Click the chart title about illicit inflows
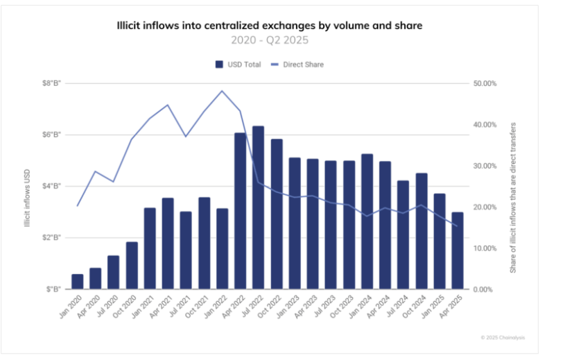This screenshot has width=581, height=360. coord(268,26)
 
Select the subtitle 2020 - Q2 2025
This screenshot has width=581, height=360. coord(268,40)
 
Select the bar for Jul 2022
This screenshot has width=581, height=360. coord(259,207)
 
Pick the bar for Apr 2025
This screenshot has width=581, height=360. coord(458,250)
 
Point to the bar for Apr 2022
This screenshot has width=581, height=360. coord(241,211)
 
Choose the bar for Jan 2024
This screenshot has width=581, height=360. coord(367,221)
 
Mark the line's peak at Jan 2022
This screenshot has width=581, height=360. coord(222,91)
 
